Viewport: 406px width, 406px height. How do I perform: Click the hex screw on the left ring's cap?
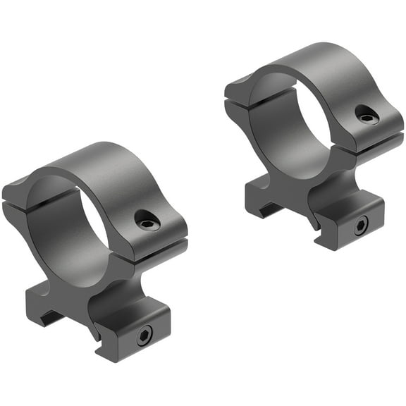tap(149, 221)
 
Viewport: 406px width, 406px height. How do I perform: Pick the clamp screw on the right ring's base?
tap(360, 226)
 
